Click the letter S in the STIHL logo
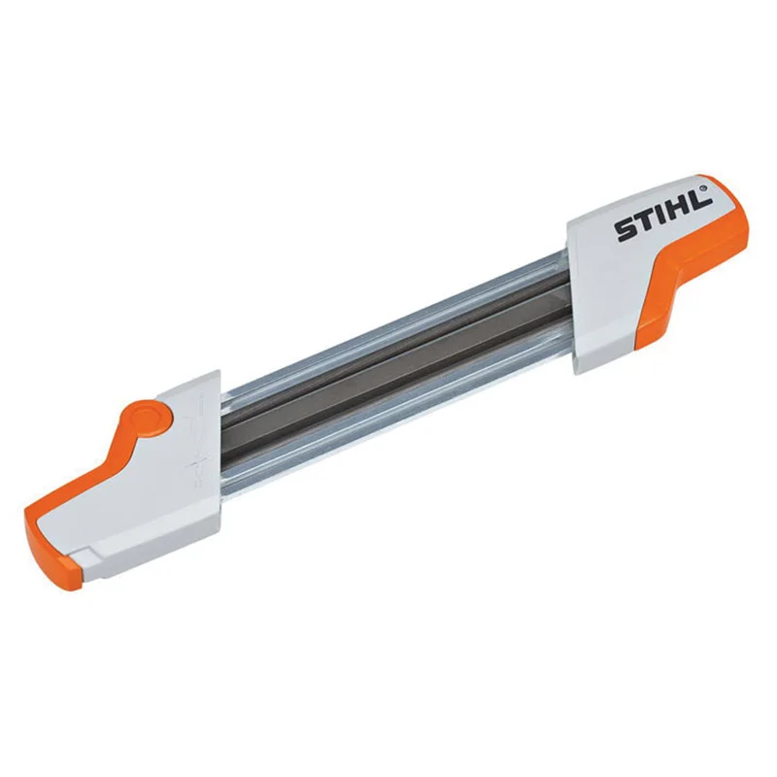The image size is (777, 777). click(x=625, y=230)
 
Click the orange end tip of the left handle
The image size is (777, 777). click(x=52, y=553)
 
